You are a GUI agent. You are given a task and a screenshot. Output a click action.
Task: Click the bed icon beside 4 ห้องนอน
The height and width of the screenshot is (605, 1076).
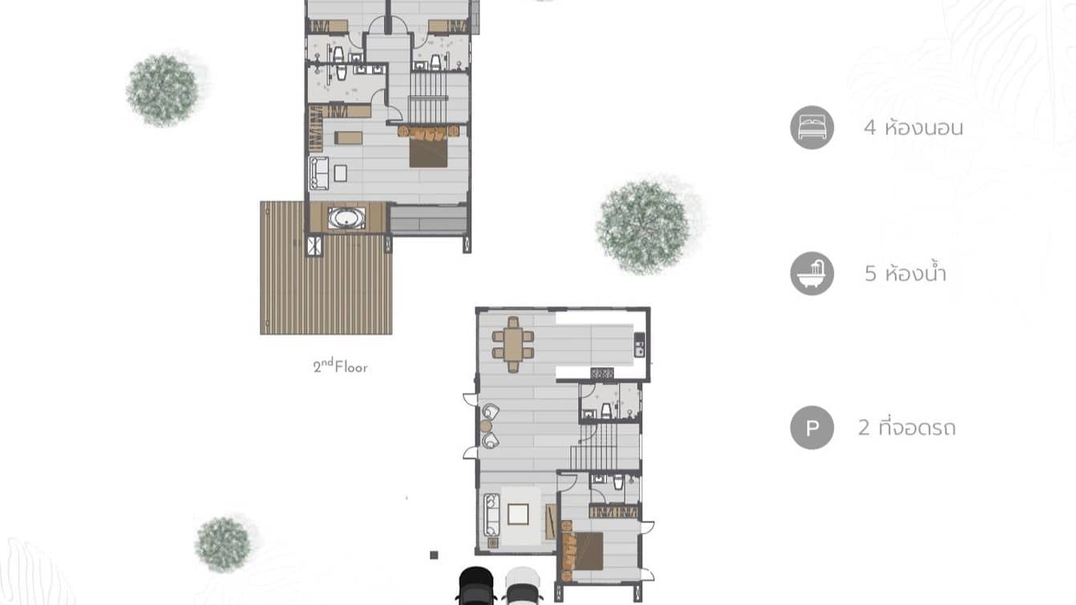tap(811, 128)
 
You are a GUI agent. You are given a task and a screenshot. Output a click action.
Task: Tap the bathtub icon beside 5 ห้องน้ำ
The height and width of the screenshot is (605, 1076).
tap(811, 274)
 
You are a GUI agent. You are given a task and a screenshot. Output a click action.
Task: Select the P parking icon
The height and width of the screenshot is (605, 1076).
tap(811, 428)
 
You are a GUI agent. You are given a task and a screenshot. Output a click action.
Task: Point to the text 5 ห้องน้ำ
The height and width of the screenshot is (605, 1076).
tap(905, 274)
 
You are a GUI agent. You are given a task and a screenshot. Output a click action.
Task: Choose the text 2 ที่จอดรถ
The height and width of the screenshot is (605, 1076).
tap(906, 428)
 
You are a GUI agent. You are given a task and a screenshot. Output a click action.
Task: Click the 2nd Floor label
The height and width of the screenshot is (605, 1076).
tap(340, 367)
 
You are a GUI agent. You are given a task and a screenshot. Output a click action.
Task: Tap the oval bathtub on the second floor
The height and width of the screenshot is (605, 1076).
tap(347, 218)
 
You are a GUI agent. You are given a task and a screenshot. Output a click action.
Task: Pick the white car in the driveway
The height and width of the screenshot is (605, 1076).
tap(523, 586)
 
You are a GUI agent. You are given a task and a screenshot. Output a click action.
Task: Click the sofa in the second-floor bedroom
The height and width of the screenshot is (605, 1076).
tap(318, 173)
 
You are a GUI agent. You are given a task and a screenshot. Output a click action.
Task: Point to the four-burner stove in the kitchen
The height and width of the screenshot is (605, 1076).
tap(602, 373)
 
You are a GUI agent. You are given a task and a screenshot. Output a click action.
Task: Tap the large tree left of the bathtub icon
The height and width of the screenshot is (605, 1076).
tap(643, 226)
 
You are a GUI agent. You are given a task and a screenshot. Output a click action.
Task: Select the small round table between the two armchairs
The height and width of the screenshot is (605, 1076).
tap(486, 426)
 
